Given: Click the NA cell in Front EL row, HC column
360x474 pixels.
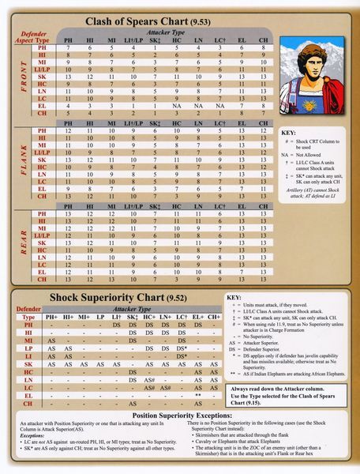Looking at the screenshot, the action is (x=177, y=105).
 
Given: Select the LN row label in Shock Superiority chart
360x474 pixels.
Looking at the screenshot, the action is (x=28, y=379).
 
